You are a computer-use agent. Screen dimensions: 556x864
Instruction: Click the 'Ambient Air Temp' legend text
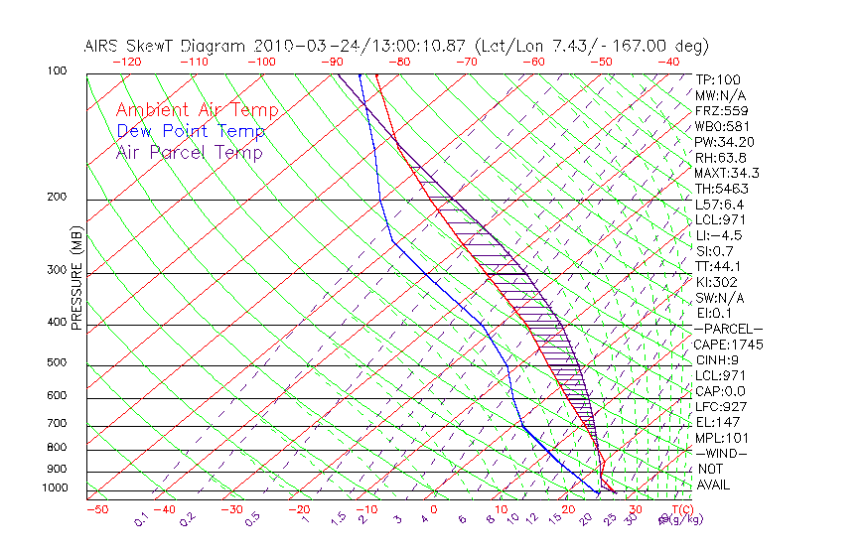(197, 110)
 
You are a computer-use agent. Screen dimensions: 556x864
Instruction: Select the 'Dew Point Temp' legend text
(191, 131)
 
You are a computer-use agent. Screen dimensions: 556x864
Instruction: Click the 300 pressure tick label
(58, 269)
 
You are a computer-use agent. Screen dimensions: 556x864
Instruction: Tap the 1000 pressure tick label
(55, 487)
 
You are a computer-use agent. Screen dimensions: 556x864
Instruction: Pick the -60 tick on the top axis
(534, 62)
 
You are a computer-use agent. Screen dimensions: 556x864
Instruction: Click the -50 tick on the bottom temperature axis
(96, 510)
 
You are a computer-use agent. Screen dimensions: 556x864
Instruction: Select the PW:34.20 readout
(725, 142)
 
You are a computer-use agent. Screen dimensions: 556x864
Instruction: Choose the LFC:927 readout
(721, 407)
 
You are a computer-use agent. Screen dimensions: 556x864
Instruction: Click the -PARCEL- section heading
(728, 329)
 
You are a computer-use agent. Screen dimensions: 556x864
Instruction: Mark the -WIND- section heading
(721, 454)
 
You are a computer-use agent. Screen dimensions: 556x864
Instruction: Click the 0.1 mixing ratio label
(141, 518)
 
